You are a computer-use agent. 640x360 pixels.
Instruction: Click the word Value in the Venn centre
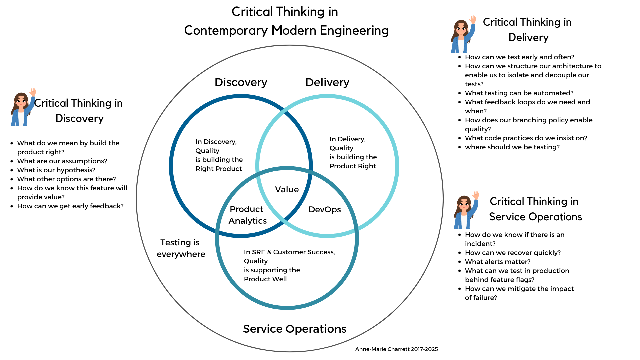tap(287, 189)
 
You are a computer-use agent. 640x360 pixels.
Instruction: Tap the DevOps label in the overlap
tap(325, 209)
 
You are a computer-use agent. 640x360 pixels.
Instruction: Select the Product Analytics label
tap(247, 215)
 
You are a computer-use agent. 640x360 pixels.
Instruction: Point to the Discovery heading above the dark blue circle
tap(241, 82)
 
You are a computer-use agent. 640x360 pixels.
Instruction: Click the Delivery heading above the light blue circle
tap(327, 82)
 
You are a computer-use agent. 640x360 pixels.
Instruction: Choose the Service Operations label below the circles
tap(295, 329)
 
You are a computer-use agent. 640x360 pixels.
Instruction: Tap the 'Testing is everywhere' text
tap(181, 248)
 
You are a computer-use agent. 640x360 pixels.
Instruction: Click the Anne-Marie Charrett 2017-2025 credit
tap(396, 349)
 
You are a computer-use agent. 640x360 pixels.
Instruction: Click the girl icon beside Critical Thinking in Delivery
tap(463, 34)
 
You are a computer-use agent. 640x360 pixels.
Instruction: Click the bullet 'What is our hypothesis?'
tap(56, 170)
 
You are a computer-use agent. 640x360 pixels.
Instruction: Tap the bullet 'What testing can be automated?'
tap(519, 93)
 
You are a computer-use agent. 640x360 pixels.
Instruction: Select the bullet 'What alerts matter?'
tap(498, 262)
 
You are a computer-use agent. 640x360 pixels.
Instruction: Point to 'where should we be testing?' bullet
tap(512, 147)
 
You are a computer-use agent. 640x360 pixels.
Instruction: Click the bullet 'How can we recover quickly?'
tap(513, 253)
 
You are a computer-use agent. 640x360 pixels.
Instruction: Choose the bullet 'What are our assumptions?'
tap(62, 161)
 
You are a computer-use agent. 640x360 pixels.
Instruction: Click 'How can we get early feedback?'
tap(70, 206)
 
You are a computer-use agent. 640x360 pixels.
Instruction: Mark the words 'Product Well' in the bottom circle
tap(265, 279)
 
